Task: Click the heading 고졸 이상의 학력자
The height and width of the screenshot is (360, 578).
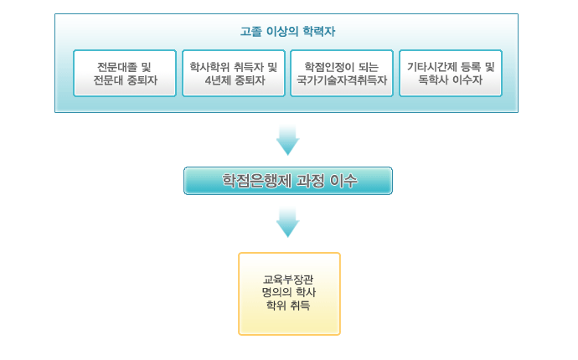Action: (287, 31)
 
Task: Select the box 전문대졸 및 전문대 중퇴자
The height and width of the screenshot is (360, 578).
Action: (125, 74)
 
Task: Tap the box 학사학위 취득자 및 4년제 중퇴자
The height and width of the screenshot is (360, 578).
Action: (234, 74)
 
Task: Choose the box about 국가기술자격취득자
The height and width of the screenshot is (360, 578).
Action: (342, 74)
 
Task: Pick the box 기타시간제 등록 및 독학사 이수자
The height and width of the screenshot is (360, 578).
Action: (451, 74)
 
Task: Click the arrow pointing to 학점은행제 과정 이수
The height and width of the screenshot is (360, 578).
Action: (287, 140)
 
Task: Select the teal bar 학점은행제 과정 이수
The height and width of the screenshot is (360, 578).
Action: (288, 181)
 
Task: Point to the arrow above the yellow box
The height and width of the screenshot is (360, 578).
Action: (287, 222)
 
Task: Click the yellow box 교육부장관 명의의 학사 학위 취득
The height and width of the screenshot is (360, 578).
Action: (289, 294)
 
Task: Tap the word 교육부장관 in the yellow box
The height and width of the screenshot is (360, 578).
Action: (288, 280)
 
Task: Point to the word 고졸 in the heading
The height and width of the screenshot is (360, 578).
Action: (250, 31)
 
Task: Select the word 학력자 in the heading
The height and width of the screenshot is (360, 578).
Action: (319, 31)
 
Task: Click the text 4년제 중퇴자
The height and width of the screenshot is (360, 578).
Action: (235, 80)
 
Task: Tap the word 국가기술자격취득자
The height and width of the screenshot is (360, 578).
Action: (342, 80)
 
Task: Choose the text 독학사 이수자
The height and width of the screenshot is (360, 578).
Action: (450, 80)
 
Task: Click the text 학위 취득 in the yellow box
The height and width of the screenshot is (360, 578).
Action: (288, 306)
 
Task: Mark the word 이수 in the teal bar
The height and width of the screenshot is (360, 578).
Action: (343, 181)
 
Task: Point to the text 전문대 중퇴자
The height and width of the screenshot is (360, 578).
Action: (126, 80)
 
